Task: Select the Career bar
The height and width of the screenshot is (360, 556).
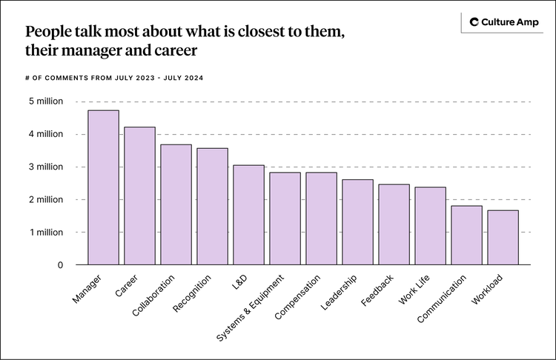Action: (139, 196)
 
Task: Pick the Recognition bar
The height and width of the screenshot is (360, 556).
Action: (212, 207)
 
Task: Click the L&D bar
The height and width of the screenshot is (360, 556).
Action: (248, 215)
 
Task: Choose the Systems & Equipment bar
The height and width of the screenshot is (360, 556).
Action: (285, 219)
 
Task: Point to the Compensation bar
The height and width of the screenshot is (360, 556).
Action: (321, 219)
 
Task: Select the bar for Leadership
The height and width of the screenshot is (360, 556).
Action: (357, 222)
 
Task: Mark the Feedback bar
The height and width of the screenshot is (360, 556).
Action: (394, 224)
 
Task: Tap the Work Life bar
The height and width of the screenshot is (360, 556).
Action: (430, 226)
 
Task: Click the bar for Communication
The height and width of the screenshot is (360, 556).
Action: (466, 236)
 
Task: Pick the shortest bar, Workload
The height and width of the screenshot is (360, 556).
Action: (503, 238)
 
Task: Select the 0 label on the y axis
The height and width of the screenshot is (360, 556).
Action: (60, 264)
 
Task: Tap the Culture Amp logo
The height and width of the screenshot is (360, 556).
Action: (502, 23)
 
